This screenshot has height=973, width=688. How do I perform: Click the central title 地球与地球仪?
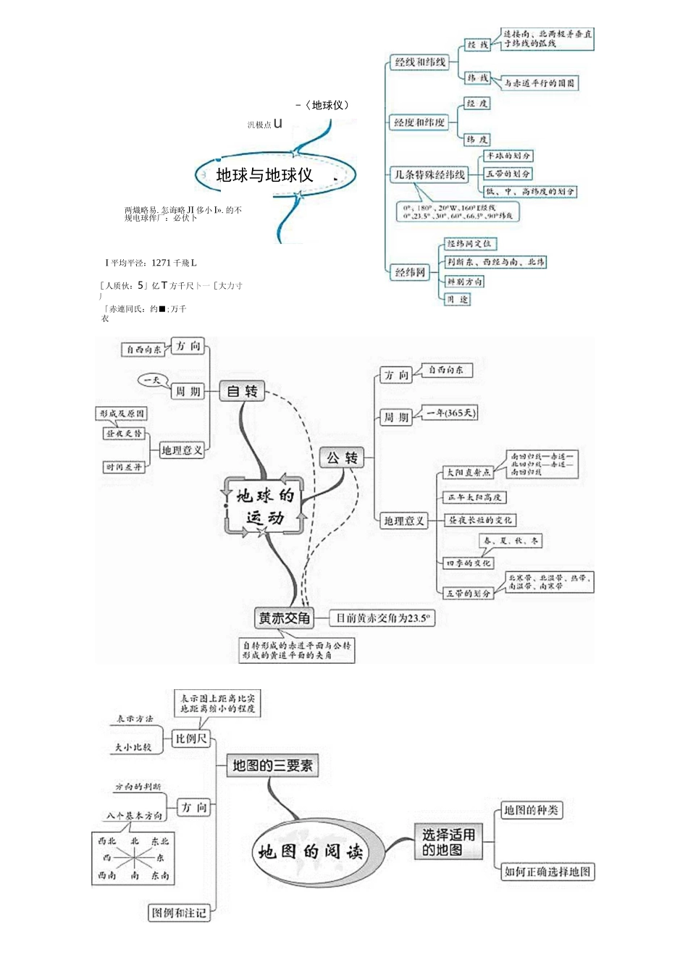(x=264, y=175)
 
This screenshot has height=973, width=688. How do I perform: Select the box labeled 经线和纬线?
(x=420, y=62)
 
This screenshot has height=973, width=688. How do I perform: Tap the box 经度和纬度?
(x=419, y=122)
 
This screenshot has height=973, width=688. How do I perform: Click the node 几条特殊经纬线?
(x=429, y=174)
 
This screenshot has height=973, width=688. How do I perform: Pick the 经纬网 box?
(x=410, y=272)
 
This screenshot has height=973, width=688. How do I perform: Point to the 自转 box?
(x=242, y=391)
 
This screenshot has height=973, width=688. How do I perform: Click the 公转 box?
(x=342, y=458)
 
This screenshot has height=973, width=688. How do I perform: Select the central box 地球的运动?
(x=264, y=506)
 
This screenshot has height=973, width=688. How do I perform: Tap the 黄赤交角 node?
(x=285, y=618)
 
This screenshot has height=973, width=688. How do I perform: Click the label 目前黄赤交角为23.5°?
(x=382, y=618)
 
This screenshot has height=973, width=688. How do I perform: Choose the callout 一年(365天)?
(x=450, y=413)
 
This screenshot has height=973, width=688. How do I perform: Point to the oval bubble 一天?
(x=153, y=379)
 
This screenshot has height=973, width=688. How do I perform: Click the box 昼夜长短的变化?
(x=479, y=520)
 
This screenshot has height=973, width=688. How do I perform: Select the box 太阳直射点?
(x=468, y=472)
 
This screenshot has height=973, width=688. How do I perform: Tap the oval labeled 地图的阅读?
(x=310, y=851)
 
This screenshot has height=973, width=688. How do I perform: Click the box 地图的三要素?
(x=272, y=765)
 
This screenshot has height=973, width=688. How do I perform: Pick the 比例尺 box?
(x=191, y=738)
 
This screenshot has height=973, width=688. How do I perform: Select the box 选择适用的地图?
(x=448, y=842)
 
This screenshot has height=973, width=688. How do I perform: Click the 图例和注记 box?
(x=178, y=913)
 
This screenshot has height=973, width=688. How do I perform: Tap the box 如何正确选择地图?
(x=547, y=872)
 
